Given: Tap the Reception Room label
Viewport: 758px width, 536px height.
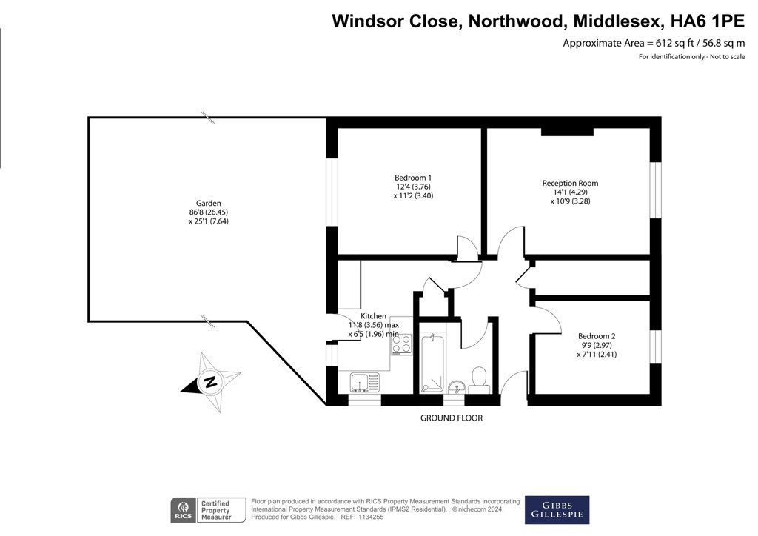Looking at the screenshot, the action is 570,183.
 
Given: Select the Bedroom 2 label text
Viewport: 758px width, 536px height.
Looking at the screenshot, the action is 597,336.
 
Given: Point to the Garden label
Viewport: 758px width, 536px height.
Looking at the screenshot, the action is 208,204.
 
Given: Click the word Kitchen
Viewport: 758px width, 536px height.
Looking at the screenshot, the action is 373,316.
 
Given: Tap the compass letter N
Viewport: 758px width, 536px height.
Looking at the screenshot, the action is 209,382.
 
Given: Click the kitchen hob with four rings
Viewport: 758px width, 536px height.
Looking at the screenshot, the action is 402,344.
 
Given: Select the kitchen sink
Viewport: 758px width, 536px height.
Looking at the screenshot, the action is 365,382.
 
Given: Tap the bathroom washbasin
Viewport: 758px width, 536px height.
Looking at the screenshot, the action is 456,386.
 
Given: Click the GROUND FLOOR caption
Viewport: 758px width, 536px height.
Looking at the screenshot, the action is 451,418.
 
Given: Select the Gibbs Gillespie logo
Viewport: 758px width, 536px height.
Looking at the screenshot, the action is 557,510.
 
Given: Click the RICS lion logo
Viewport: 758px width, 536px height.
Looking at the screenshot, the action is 184,510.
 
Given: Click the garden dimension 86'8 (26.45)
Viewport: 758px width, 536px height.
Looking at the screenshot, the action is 208,212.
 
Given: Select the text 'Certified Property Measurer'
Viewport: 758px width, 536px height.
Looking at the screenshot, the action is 216,510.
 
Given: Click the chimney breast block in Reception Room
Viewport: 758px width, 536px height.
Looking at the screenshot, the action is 567,132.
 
